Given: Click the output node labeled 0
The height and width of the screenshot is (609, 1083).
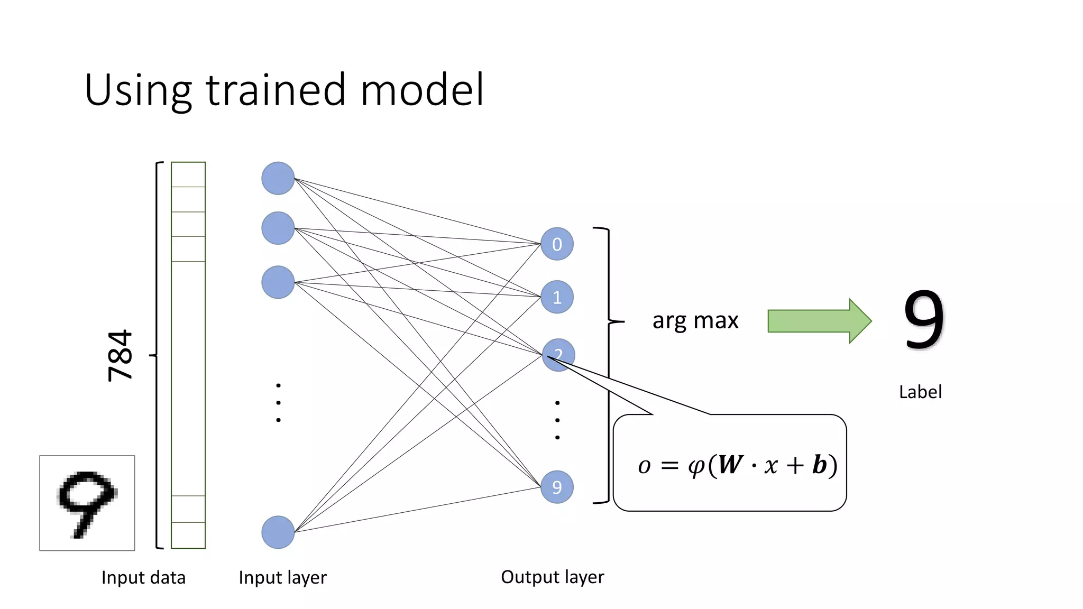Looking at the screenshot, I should click(x=557, y=244).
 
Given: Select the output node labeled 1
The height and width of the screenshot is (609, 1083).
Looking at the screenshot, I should click(x=557, y=297).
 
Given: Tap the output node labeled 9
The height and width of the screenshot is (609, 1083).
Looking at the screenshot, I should click(x=557, y=487).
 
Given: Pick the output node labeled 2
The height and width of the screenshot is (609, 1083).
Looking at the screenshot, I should click(x=558, y=355).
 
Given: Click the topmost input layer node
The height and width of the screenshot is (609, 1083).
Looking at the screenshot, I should click(x=278, y=178).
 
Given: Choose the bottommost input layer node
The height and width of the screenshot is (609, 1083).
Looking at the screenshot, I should click(x=278, y=532).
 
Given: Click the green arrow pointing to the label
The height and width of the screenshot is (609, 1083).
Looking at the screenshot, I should click(x=819, y=321).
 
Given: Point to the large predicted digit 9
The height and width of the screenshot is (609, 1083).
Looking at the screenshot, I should click(x=923, y=320).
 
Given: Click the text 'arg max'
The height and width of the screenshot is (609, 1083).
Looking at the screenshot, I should click(x=695, y=320).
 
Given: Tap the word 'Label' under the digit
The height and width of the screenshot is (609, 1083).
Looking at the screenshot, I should click(x=920, y=392).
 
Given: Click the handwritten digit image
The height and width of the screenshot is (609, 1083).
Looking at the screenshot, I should click(x=87, y=503).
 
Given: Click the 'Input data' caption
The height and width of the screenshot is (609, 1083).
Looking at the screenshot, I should click(x=143, y=577).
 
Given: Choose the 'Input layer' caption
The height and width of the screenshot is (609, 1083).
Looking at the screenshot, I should click(x=282, y=577).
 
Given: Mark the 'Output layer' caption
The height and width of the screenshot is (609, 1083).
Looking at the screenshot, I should click(x=552, y=577).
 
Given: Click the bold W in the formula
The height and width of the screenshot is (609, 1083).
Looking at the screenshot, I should click(x=730, y=465).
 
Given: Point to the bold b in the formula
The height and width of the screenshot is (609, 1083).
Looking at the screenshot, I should click(x=819, y=465).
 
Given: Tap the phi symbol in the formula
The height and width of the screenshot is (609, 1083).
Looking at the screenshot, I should click(x=696, y=466).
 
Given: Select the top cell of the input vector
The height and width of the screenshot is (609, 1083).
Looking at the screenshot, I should click(x=188, y=174).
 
